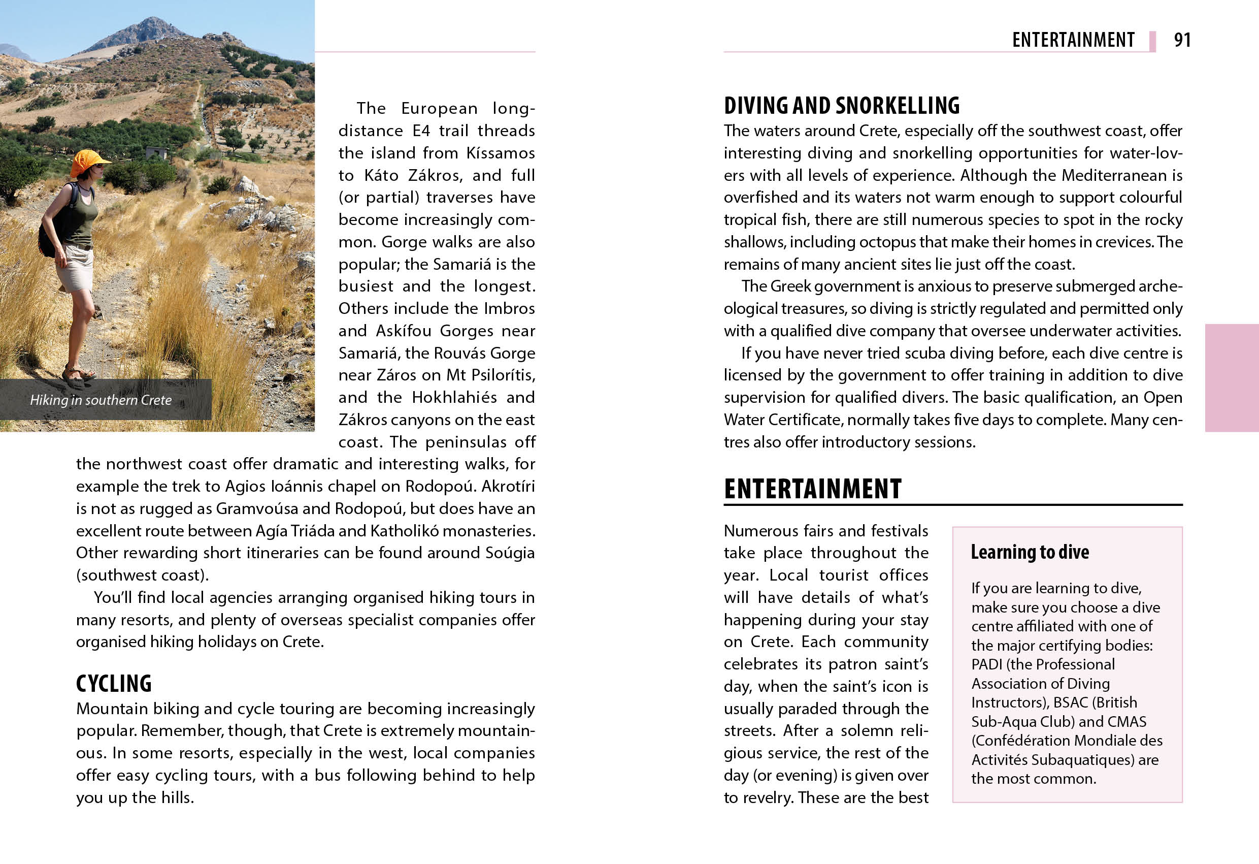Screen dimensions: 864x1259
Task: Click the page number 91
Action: [1182, 40]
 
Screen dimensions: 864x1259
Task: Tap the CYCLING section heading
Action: [114, 684]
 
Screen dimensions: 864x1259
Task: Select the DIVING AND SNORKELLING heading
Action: [841, 105]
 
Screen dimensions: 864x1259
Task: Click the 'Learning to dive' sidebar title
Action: [1030, 552]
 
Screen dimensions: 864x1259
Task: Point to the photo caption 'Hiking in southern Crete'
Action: [101, 400]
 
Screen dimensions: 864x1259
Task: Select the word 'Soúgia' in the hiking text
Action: [510, 553]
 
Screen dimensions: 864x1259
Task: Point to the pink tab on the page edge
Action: [1232, 378]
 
